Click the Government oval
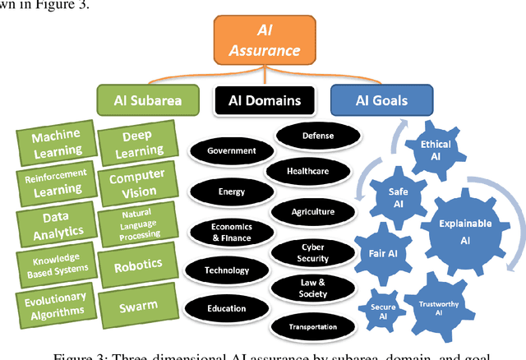[x=232, y=151]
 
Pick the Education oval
[x=227, y=308]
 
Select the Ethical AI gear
[x=436, y=149]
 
